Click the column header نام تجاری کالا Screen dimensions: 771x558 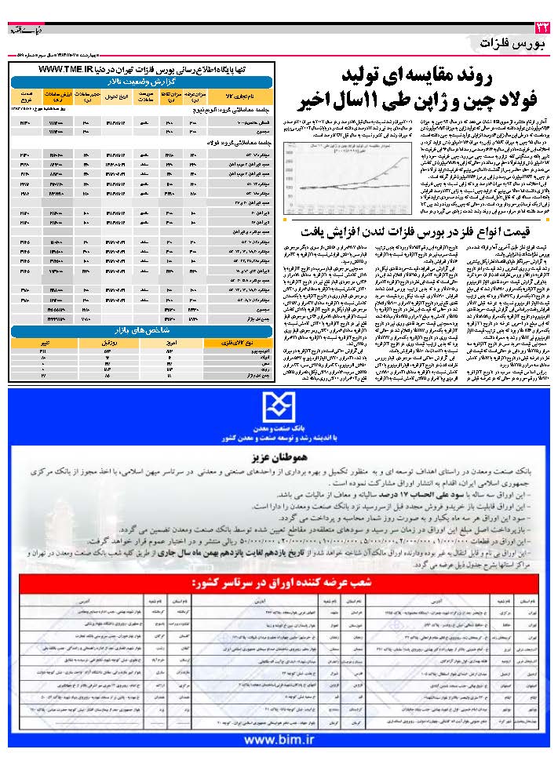click(248, 95)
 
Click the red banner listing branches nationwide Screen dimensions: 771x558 click(280, 584)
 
